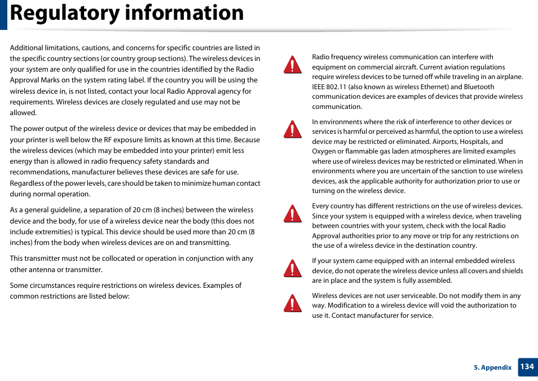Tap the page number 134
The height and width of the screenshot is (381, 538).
pos(527,367)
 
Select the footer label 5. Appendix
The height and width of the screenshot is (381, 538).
pos(492,367)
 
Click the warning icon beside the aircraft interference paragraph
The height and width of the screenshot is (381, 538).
pos(292,65)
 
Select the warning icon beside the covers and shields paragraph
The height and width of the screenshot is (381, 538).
pos(292,269)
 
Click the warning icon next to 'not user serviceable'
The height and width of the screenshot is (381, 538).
pos(292,303)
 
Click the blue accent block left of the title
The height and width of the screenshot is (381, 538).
pos(3,15)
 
